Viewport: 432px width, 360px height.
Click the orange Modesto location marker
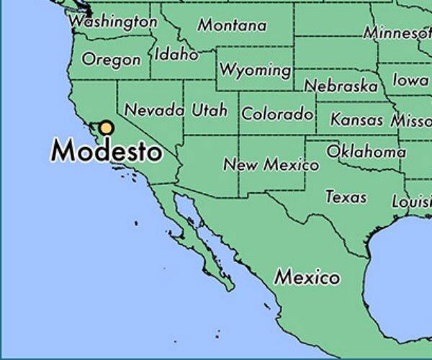[x=107, y=128]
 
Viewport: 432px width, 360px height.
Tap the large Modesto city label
[x=107, y=152]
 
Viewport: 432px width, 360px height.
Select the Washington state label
[x=113, y=22]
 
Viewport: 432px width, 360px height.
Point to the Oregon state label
[x=111, y=59]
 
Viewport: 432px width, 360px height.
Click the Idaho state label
[x=176, y=54]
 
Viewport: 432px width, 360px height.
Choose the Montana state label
[x=232, y=25]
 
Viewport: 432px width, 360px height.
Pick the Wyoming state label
[x=256, y=70]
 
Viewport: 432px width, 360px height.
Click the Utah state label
[x=210, y=110]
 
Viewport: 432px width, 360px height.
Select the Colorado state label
[x=277, y=114]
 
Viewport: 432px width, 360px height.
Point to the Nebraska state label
[x=341, y=86]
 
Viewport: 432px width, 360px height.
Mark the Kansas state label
[x=357, y=120]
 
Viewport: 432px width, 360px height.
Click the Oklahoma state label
[x=366, y=152]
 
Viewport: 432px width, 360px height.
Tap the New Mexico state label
[x=271, y=165]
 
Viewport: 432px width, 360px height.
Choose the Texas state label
[x=346, y=197]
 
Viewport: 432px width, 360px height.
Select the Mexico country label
[x=307, y=277]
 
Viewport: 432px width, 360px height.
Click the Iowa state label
[x=410, y=80]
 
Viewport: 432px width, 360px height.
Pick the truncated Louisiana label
[x=411, y=202]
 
